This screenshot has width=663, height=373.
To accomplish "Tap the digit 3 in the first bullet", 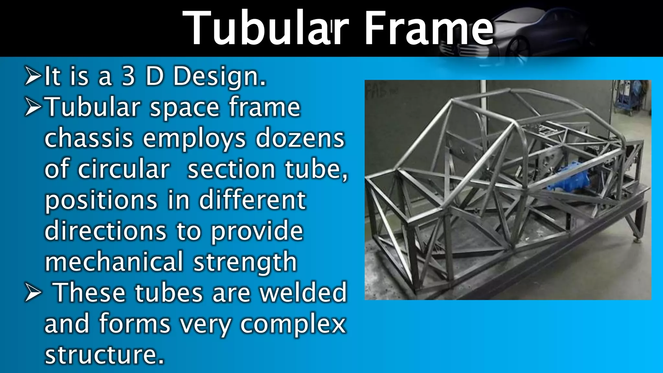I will tap(128, 76).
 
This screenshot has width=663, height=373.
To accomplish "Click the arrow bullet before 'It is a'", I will tap(33, 76).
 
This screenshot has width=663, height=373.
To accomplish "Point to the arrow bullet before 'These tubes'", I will tap(33, 293).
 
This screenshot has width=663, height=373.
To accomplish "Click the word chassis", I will tap(89, 139).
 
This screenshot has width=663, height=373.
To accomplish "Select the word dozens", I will tap(300, 139).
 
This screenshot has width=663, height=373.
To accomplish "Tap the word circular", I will tap(124, 169).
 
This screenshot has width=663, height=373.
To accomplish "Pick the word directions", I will tap(106, 231).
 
